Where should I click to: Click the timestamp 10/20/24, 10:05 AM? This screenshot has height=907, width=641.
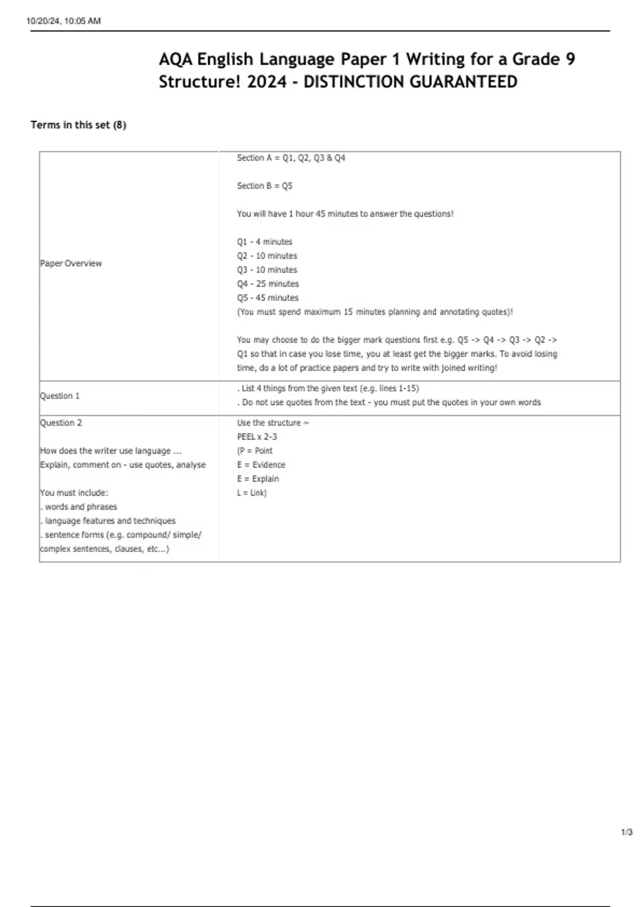64,21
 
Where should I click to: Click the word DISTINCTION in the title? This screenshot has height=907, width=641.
352,82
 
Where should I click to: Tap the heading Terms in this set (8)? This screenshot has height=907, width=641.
79,125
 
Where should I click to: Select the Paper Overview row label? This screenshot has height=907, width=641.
71,263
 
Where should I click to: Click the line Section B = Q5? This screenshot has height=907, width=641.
264,186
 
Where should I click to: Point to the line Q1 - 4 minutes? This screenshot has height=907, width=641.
264,242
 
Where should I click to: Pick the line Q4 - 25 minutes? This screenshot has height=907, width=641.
268,284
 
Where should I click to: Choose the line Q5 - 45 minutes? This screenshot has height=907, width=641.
268,298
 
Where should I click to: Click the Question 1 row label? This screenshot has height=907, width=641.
60,396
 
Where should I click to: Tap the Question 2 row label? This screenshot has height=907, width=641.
61,423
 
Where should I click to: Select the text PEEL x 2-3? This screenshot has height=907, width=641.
257,436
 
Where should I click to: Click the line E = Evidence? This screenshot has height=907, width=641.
261,465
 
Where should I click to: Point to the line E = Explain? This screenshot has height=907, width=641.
258,479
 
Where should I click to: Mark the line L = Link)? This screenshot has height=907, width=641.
252,492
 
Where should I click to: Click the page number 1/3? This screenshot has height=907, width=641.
627,832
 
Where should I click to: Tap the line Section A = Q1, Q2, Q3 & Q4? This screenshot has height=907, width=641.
291,158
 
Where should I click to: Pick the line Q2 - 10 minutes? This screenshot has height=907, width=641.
267,256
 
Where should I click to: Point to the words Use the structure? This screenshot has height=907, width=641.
269,423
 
